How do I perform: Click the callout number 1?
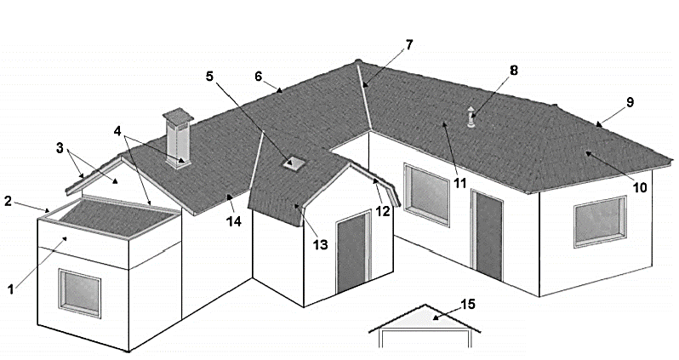(x=11, y=289)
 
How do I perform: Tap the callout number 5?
(x=209, y=77)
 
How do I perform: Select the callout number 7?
(x=408, y=44)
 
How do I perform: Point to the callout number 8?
(x=513, y=70)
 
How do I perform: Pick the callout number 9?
(x=630, y=102)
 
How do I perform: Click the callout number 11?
(x=459, y=183)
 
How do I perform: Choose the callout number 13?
(x=321, y=245)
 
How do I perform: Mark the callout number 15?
(x=468, y=304)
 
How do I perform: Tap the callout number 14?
(x=234, y=221)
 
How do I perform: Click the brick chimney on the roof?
(x=177, y=139)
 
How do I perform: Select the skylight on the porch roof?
(x=294, y=163)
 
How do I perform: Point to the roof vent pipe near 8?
(x=471, y=117)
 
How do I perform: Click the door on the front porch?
(x=354, y=252)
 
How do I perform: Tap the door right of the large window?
(x=488, y=235)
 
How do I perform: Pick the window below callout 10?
(x=600, y=221)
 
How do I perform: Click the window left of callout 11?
(x=427, y=194)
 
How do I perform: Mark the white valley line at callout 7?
(x=364, y=96)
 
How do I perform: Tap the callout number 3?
(x=60, y=148)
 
